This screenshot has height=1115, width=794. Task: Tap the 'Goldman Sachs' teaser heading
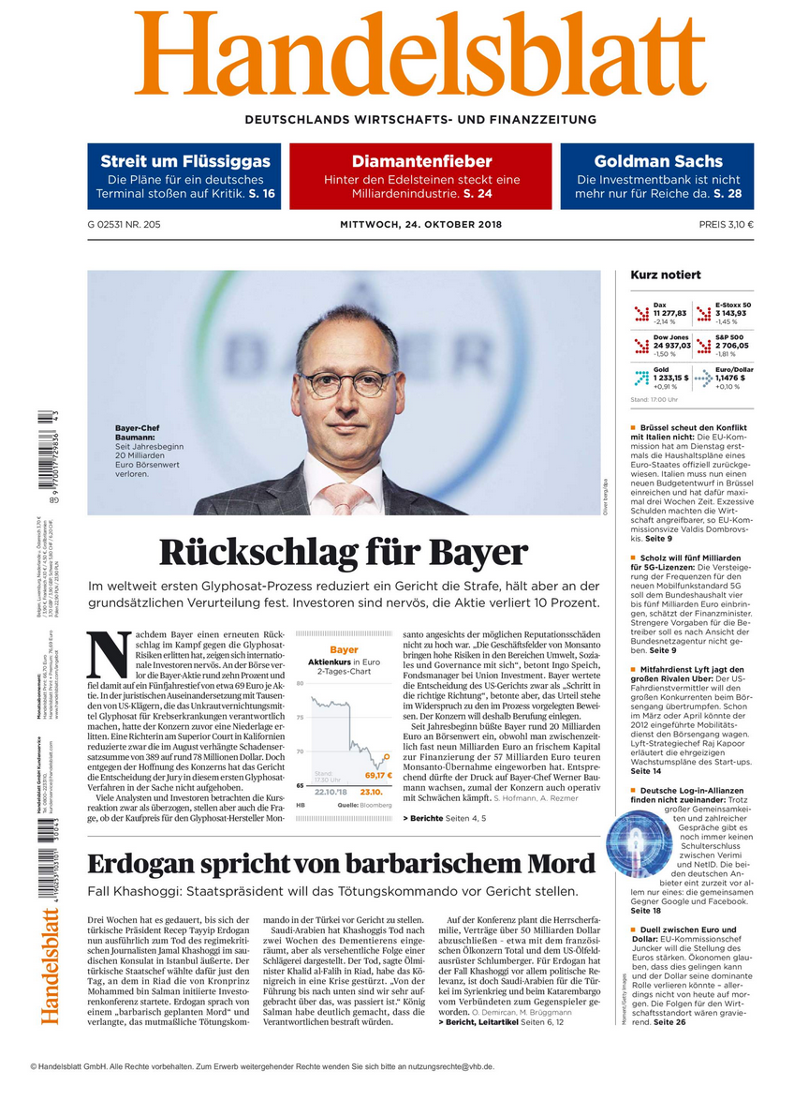[657, 161]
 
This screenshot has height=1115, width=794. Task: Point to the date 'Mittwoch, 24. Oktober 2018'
[420, 225]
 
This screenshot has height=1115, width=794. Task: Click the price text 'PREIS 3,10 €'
[726, 225]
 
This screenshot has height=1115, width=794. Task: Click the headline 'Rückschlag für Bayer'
[344, 552]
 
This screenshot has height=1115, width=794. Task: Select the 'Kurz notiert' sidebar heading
[665, 275]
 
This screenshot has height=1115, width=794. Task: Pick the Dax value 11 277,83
[670, 313]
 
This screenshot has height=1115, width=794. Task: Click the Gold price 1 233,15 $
[670, 378]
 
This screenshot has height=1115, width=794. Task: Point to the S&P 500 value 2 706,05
[734, 345]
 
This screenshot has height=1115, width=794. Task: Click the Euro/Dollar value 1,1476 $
[734, 378]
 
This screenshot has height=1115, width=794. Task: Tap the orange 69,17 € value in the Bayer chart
[377, 776]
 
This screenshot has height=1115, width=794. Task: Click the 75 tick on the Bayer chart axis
[300, 717]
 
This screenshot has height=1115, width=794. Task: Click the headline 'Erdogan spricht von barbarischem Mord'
[342, 863]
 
